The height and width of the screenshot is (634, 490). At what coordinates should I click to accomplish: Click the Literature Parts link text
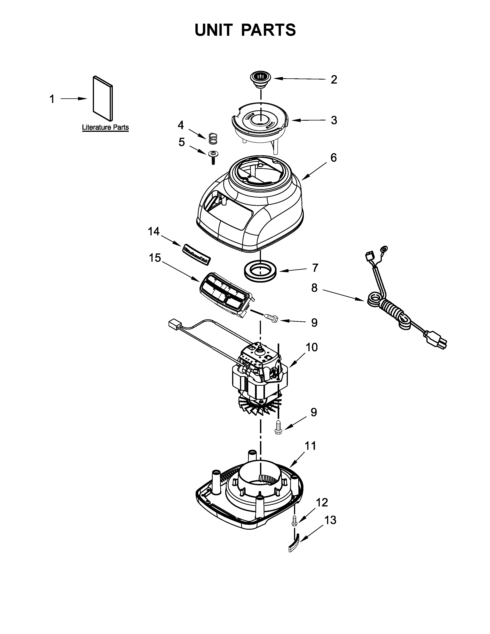105,127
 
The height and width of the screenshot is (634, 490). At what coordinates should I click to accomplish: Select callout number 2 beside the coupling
334,80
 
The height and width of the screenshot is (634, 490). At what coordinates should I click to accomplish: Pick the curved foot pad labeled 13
294,545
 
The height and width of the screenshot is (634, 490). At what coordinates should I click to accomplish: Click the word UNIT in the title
214,30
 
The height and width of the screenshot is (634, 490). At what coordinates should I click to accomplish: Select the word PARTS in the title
268,30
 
